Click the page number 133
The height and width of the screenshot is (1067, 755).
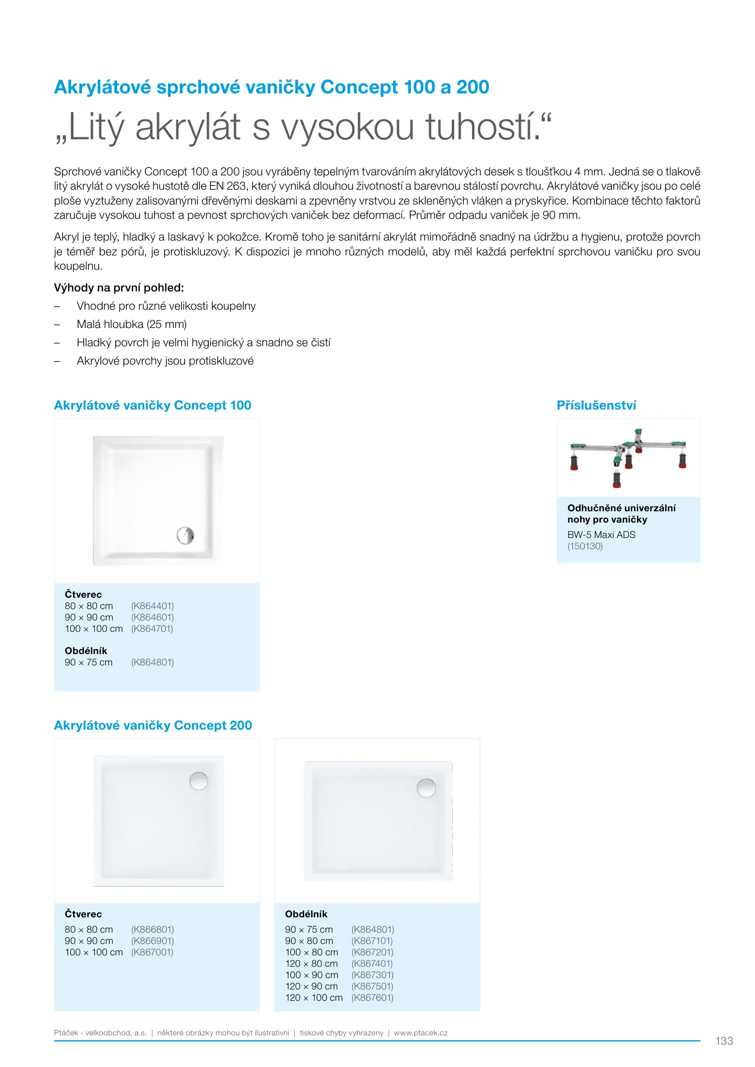point(724,1041)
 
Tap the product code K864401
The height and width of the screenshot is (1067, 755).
point(152,606)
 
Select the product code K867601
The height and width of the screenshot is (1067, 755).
point(372,997)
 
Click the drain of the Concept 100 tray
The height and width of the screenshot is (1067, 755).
point(185,535)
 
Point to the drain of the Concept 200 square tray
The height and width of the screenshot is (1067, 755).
point(199,781)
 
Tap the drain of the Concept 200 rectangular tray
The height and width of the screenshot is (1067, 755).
point(426,788)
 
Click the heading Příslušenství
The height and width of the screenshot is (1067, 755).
point(596,406)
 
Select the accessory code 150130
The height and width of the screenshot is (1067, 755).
point(585,546)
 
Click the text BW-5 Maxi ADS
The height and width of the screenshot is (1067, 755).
point(601,534)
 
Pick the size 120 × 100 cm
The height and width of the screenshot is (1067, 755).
point(314,997)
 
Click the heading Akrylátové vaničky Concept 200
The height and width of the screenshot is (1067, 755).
point(153,725)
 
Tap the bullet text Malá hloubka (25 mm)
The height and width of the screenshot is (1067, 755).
point(131,325)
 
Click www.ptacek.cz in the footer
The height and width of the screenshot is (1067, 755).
point(420,1032)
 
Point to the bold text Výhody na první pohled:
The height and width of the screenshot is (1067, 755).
point(119,287)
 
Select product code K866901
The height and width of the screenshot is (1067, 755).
point(152,941)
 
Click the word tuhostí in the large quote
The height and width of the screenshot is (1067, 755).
point(481,127)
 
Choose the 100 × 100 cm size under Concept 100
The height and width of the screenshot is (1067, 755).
point(93,628)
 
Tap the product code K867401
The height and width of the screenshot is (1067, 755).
point(372,963)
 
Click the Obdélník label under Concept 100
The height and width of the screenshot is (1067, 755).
point(85,651)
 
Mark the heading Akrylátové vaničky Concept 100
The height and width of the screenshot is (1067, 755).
point(152,406)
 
